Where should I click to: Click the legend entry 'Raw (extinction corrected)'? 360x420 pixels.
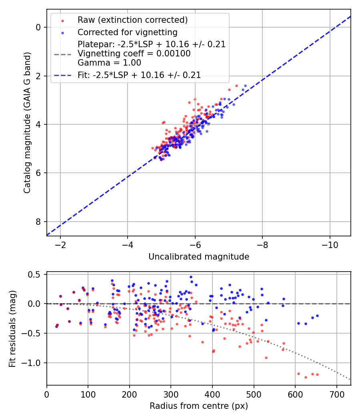(132, 20)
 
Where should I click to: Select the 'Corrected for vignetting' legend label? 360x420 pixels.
(127, 32)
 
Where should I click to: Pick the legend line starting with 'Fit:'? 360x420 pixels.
(139, 75)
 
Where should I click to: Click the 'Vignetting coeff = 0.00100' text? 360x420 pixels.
(134, 54)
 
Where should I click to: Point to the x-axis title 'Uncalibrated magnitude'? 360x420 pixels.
(199, 257)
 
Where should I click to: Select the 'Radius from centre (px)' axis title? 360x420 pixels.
(199, 406)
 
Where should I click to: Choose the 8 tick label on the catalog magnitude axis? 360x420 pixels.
(39, 222)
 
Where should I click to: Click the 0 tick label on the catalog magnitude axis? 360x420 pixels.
(39, 27)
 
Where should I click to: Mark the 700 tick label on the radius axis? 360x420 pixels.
(336, 394)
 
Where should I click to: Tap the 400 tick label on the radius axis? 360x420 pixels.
(212, 394)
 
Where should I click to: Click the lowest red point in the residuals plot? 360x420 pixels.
(306, 377)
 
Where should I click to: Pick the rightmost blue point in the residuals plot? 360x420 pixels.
(317, 316)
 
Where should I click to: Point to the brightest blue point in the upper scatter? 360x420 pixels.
(245, 86)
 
